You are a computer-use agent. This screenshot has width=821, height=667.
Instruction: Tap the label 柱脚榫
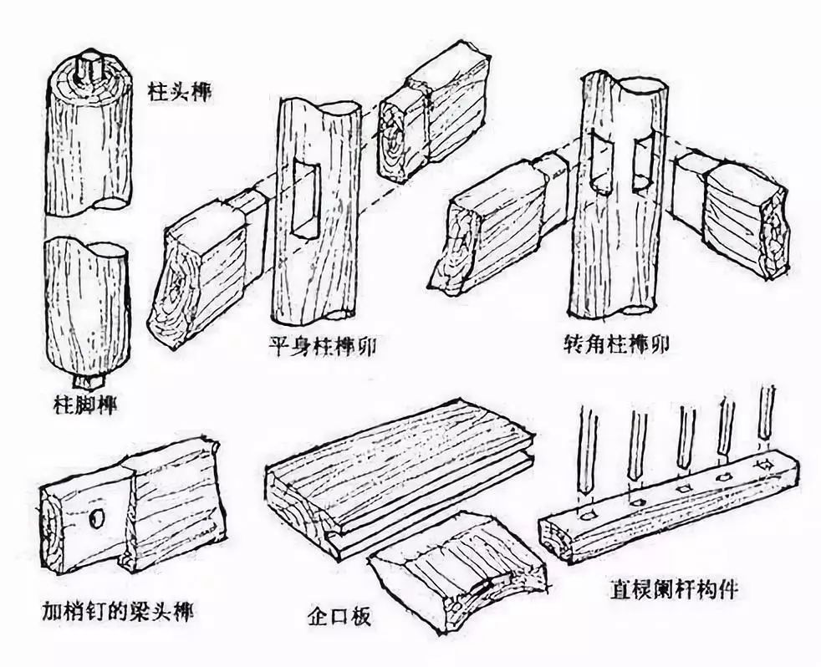81,407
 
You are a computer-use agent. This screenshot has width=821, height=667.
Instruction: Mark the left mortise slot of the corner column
602,163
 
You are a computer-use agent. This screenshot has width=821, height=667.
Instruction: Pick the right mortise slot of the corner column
642,163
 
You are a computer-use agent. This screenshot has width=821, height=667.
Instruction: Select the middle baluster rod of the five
686,435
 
